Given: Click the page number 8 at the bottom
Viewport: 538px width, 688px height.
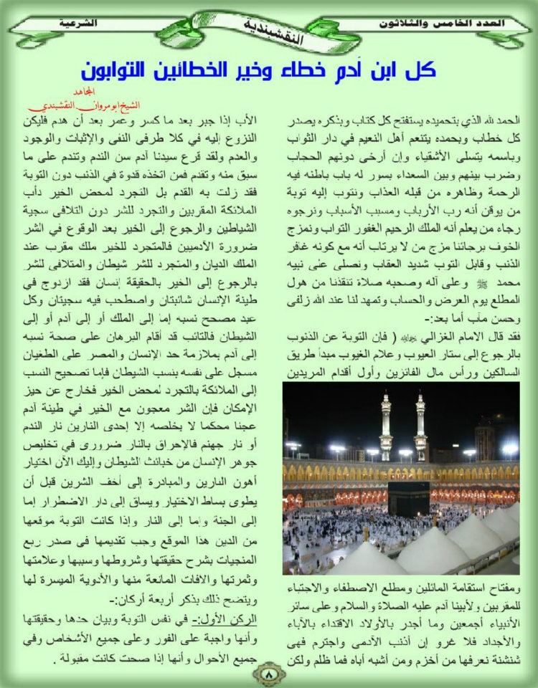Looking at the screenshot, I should (268, 673).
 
